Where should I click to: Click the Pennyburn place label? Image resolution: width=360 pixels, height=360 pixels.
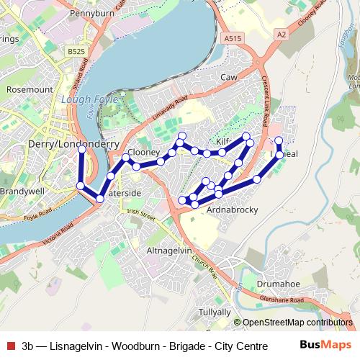click(94, 13)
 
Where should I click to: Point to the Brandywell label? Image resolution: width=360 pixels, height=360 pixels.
click(22, 192)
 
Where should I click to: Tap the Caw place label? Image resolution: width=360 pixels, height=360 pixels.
click(229, 76)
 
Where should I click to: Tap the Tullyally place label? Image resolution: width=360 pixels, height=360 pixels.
click(215, 312)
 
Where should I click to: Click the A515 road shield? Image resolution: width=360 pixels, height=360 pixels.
click(232, 38)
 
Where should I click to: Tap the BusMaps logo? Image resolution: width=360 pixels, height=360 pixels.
click(325, 345)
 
